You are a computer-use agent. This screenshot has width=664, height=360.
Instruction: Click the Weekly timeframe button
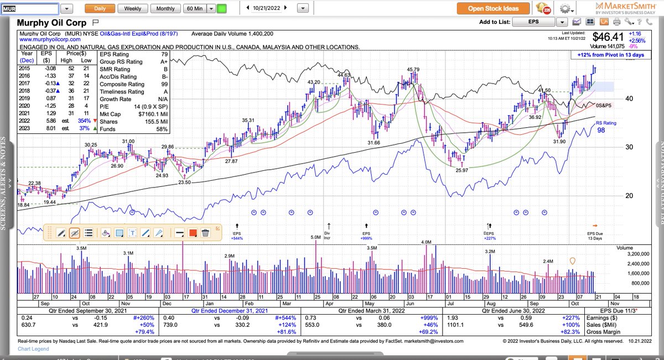[x=132, y=9]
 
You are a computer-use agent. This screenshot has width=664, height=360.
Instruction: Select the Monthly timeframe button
[x=165, y=9]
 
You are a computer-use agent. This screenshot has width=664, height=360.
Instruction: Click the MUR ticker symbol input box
[x=29, y=9]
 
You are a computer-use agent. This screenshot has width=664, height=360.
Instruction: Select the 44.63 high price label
[x=344, y=75]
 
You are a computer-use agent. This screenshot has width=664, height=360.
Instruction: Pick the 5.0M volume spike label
[x=315, y=237]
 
